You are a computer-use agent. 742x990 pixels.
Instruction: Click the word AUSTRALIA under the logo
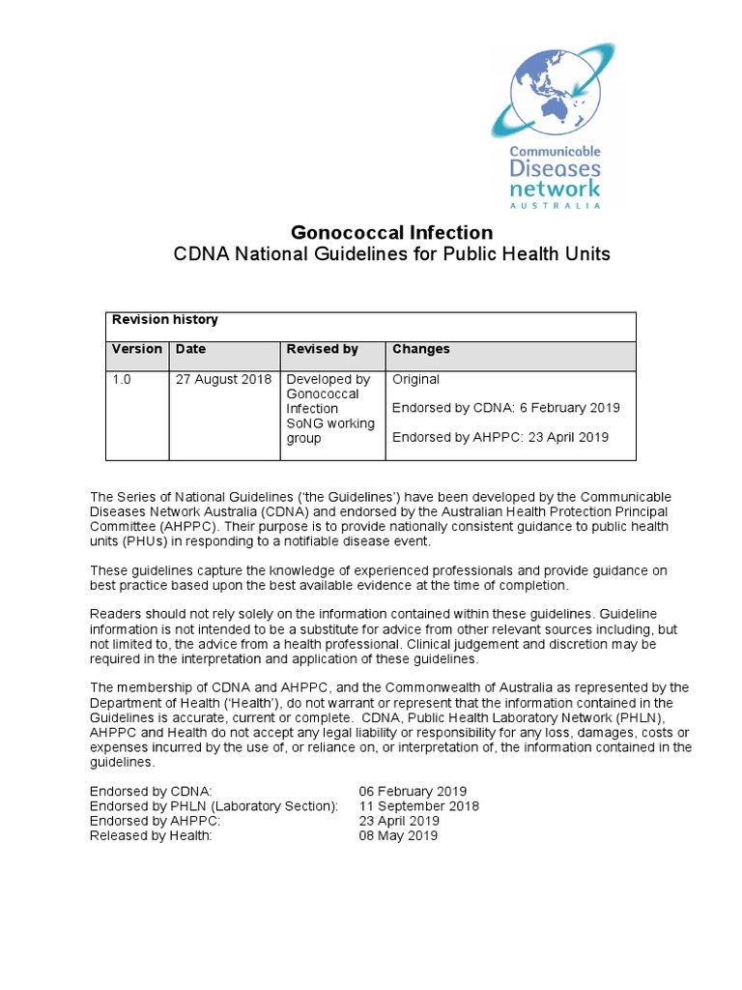point(556,205)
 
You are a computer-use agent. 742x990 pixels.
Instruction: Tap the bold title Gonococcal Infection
point(391,233)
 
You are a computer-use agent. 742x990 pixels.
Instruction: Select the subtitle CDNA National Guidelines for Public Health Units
point(391,254)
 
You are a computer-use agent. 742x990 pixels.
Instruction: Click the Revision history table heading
point(165,320)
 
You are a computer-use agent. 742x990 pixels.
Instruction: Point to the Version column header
point(137,349)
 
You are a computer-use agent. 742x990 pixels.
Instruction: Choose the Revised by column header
point(323,349)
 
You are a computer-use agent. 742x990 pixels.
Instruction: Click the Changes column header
point(421,349)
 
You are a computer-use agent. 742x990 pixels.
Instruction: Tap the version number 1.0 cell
point(122,380)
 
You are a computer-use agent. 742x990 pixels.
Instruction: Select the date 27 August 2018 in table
point(223,380)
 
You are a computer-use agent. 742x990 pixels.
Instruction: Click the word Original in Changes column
point(416,380)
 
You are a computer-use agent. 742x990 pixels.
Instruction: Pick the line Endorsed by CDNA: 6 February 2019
point(506,408)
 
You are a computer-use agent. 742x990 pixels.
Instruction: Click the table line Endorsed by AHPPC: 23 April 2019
point(500,437)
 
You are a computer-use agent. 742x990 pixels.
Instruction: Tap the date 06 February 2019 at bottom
point(413,791)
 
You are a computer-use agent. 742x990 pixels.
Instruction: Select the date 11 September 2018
point(418,805)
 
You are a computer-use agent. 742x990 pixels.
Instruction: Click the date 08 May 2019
point(398,835)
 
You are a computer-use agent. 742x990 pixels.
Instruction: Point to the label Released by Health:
point(151,835)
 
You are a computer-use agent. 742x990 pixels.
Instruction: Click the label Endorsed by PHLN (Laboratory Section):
point(214,805)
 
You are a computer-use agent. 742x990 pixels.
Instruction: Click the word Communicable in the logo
point(556,152)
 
